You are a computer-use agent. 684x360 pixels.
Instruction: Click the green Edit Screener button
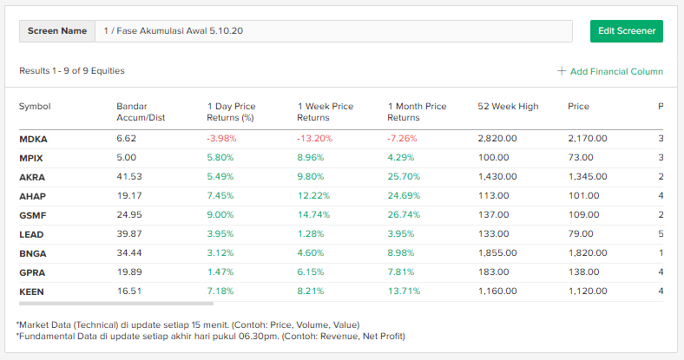pos(626,31)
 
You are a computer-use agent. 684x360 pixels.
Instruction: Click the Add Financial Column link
pos(610,71)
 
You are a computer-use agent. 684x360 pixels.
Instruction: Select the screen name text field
pos(334,31)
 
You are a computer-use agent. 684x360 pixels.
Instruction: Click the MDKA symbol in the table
pos(33,138)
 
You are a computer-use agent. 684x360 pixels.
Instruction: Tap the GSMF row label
pos(33,215)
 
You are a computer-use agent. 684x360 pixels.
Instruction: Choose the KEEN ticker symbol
pos(32,292)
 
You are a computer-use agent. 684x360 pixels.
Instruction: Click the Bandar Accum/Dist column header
pos(141,112)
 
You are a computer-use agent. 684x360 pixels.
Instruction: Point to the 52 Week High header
pos(508,107)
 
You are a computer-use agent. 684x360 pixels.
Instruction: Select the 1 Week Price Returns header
pos(326,112)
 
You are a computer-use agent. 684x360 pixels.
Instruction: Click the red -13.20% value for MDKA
pos(313,138)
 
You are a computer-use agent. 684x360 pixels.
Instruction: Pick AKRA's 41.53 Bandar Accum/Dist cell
pos(129,176)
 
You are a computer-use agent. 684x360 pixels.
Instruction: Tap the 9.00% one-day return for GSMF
pos(220,215)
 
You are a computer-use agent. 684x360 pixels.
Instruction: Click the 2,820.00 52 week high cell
pos(497,138)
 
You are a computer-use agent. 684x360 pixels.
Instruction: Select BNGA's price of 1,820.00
pos(588,253)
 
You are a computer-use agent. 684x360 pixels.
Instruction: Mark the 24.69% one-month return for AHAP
pos(404,196)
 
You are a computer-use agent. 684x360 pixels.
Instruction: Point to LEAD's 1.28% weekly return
pos(310,234)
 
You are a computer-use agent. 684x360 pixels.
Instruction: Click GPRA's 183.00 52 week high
pos(492,272)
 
